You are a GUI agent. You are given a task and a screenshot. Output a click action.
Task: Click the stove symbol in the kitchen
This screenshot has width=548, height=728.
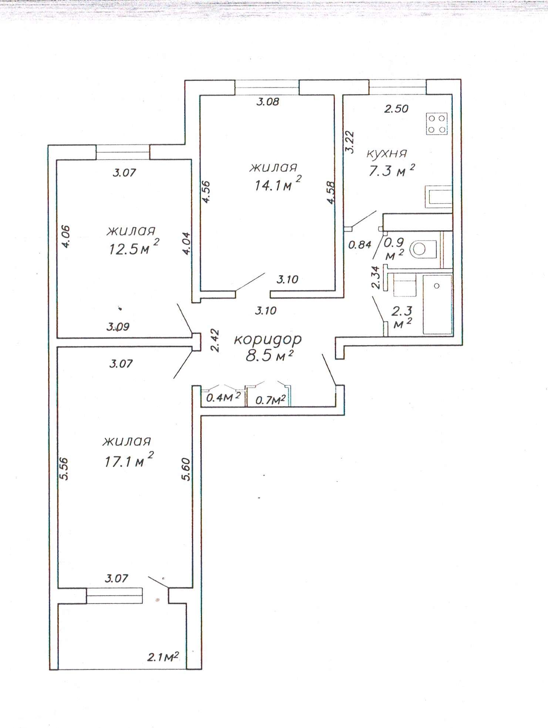(437, 123)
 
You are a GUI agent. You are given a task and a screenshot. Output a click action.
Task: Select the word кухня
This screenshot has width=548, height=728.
(387, 153)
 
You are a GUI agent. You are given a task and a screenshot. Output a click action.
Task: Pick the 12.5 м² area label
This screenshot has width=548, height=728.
(134, 247)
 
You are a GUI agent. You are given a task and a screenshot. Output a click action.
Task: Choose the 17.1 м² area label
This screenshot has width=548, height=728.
(129, 459)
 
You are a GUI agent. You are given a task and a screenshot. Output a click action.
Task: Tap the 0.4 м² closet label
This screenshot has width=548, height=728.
(223, 397)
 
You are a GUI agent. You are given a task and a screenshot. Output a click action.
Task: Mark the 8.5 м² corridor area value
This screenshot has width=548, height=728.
(270, 356)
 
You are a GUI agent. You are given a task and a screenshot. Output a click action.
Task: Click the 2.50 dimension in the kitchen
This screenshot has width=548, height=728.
(396, 109)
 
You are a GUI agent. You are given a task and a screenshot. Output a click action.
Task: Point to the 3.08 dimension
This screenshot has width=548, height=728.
(268, 102)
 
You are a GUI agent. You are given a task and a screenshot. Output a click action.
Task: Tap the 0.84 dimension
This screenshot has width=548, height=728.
(360, 245)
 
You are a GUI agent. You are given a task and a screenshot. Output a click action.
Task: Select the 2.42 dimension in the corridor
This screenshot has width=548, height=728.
(215, 341)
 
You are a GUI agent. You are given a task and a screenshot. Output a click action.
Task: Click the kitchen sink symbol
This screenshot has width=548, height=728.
(439, 195)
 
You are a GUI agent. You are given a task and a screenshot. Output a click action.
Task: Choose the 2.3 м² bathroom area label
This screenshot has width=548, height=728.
(401, 317)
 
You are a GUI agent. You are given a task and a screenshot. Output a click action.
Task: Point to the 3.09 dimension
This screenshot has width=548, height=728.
(118, 327)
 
